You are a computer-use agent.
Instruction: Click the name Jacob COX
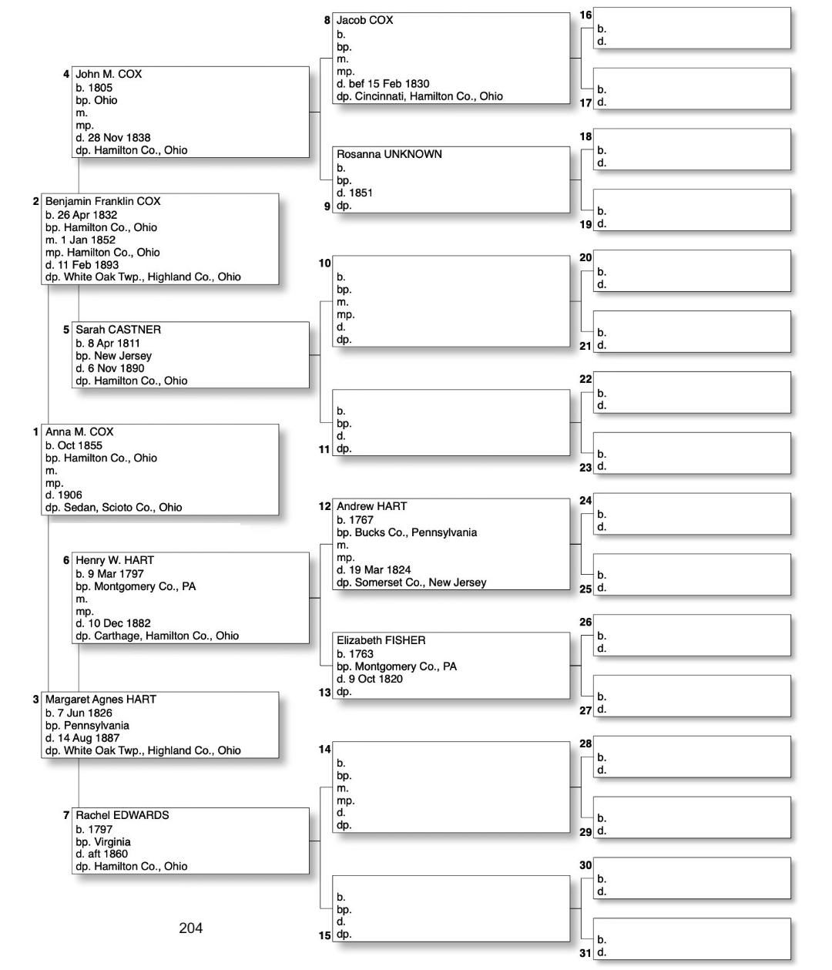[x=364, y=21]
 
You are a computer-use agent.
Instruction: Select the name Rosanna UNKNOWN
[x=389, y=154]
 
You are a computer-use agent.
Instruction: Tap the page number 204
[x=190, y=928]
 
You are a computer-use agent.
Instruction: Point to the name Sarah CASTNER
[x=118, y=330]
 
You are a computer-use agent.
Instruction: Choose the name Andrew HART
[x=371, y=506]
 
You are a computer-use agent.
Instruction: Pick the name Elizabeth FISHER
[x=381, y=640]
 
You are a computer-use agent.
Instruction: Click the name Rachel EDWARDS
[x=122, y=815]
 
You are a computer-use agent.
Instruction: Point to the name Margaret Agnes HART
[x=100, y=700]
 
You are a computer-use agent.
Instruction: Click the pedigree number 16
[x=585, y=15]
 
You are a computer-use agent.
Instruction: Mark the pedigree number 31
[x=585, y=953]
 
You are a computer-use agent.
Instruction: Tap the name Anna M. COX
[x=79, y=432]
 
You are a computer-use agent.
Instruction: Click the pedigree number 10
[x=324, y=263]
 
